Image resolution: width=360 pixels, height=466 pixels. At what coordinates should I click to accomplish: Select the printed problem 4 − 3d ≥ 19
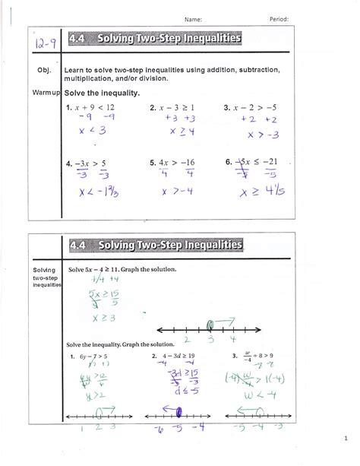(x=180, y=356)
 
